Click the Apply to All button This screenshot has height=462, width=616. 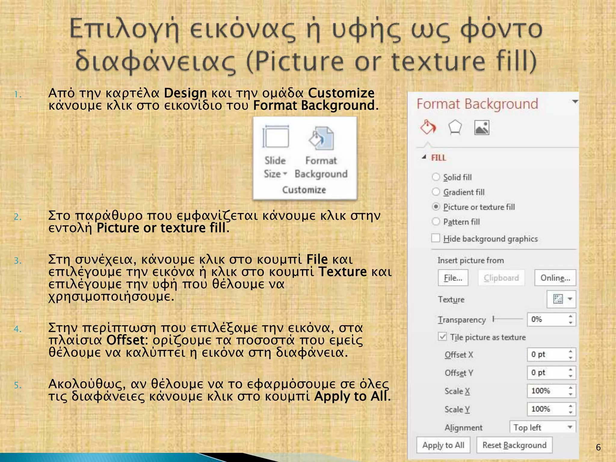(443, 445)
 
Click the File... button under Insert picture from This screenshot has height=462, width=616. (453, 278)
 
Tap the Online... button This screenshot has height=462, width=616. (555, 278)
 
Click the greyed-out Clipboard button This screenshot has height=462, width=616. (501, 278)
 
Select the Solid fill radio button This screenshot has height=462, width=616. (436, 177)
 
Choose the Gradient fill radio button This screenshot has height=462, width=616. (436, 192)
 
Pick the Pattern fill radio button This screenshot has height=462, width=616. (436, 222)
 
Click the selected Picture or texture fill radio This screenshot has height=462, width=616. (436, 207)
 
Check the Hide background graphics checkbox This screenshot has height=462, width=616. (436, 238)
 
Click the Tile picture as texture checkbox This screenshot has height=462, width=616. (442, 337)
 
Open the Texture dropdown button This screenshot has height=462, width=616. (561, 299)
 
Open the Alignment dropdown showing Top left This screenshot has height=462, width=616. (543, 427)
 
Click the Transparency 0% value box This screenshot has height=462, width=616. (547, 319)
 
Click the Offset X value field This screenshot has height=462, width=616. (547, 355)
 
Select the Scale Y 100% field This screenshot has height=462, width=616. (547, 409)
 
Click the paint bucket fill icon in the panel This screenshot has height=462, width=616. (428, 128)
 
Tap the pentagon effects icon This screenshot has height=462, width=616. (455, 128)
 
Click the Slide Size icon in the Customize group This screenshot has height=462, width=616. (275, 137)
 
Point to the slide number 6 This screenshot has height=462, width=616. (598, 447)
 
